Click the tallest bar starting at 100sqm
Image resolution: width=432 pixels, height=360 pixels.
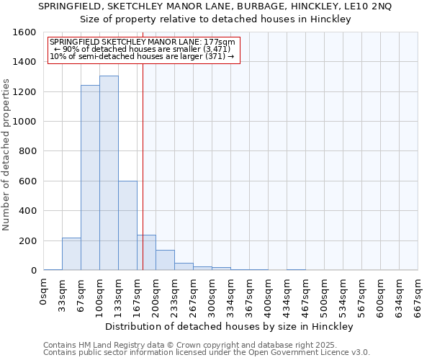(109, 173)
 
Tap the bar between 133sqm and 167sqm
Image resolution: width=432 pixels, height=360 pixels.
(127, 225)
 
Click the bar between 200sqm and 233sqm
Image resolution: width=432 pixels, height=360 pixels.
(165, 260)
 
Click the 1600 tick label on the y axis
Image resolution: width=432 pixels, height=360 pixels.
(25, 32)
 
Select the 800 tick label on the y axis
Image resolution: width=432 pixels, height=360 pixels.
(28, 151)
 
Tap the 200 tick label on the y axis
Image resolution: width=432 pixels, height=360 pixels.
(28, 240)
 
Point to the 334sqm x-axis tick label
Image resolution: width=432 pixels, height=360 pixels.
(231, 295)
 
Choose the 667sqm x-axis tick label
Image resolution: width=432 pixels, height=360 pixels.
(418, 295)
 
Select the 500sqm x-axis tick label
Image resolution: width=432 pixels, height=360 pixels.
(325, 295)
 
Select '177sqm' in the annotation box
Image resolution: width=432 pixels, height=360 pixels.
(221, 42)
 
